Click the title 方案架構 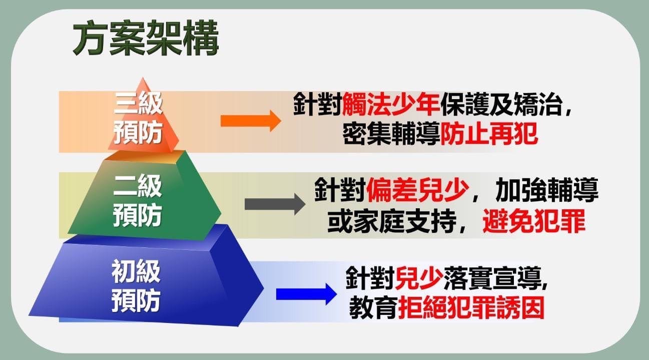(x=146, y=38)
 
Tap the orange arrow (x=251, y=121)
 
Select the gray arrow (x=275, y=204)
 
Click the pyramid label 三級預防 (x=138, y=118)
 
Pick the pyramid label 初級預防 (x=136, y=286)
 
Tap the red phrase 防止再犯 (x=489, y=134)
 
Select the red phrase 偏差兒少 (x=417, y=190)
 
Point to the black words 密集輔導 (x=391, y=134)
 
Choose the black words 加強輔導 (x=547, y=190)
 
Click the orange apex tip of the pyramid (x=142, y=78)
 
